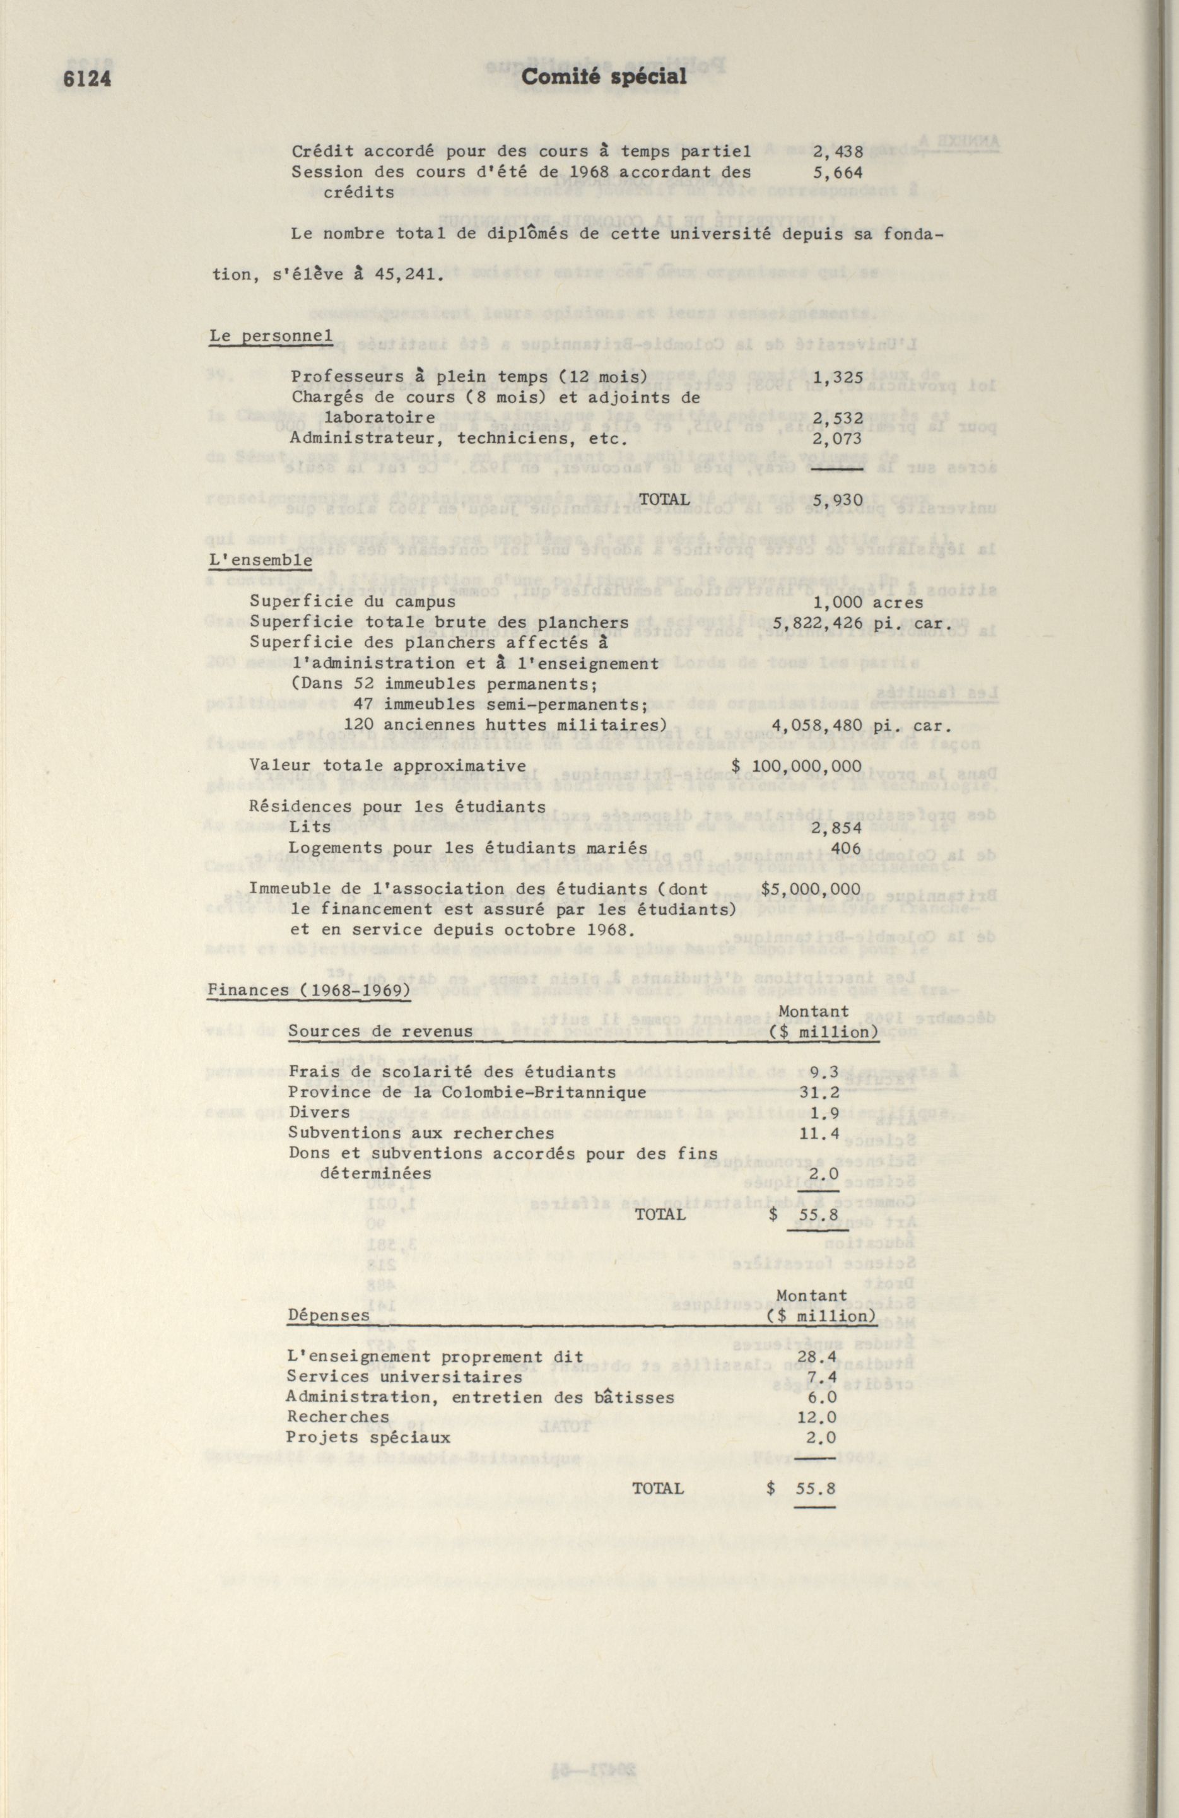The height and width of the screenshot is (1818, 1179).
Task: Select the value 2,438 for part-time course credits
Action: tap(838, 152)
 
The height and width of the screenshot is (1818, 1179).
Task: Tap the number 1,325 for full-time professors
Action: tap(838, 377)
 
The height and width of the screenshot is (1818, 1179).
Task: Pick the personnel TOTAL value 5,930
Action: tap(838, 500)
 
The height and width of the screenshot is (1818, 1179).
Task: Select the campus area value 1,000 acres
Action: tap(867, 602)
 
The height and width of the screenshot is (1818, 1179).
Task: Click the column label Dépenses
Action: tap(328, 1316)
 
